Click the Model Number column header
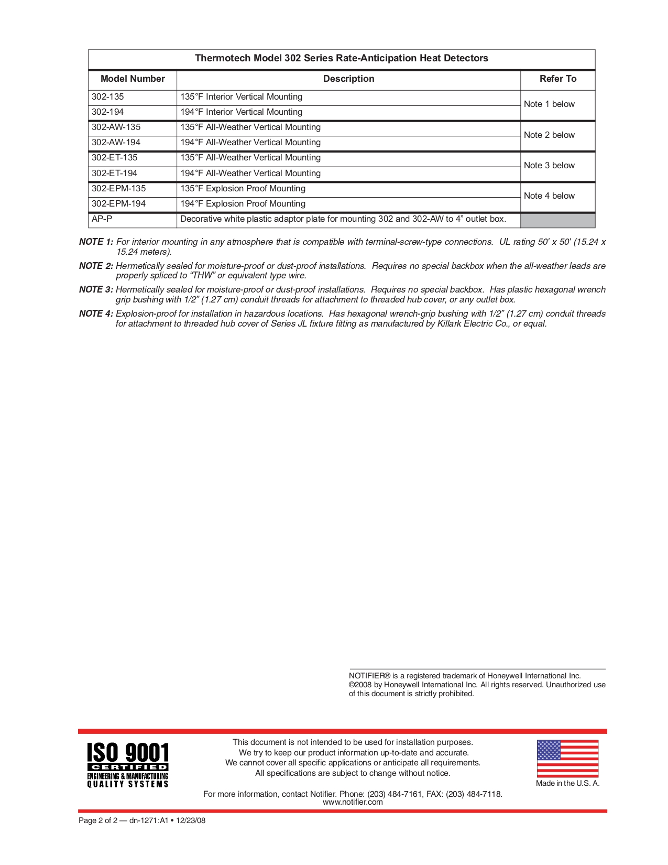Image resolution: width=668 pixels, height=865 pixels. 133,79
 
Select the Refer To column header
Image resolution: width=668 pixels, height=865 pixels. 557,79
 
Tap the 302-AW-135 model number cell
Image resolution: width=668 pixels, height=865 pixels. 116,127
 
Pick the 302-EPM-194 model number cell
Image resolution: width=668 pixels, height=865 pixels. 119,204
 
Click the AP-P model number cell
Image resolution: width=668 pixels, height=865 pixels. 102,219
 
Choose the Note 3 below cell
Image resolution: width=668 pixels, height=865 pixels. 549,166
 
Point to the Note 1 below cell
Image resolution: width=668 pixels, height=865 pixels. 549,104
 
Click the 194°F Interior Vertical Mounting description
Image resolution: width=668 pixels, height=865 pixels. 242,112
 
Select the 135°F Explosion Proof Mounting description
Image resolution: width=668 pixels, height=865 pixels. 243,189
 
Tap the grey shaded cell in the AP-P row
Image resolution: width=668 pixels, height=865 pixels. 557,220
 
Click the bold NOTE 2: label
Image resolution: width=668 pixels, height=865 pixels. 96,266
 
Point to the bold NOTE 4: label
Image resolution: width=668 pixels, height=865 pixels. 96,314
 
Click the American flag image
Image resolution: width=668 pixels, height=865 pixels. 567,758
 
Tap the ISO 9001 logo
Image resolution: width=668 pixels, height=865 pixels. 128,765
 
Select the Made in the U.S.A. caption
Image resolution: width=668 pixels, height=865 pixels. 567,784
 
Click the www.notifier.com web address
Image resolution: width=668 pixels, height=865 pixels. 353,803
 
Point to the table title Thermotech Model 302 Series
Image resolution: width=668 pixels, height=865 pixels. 342,58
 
